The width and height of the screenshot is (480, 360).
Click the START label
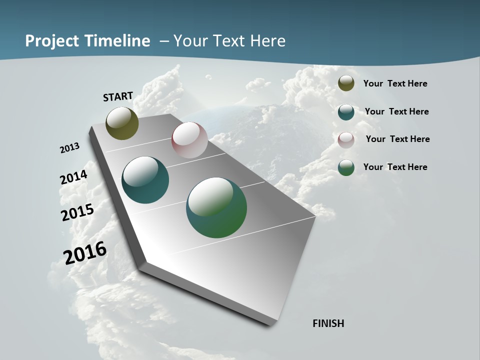click(x=118, y=96)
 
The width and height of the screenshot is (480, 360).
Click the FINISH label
click(x=328, y=323)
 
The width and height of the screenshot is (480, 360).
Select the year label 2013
click(x=70, y=148)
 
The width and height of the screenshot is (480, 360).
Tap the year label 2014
click(x=74, y=177)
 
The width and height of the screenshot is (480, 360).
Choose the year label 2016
click(x=85, y=252)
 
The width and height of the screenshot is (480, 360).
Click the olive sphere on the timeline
click(x=122, y=123)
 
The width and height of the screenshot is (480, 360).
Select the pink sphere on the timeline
click(x=189, y=140)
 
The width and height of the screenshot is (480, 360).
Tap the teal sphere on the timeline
click(x=145, y=180)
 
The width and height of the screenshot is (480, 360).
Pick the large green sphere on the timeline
click(x=216, y=207)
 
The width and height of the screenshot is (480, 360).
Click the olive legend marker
click(x=346, y=83)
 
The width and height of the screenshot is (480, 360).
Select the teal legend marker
click(x=346, y=112)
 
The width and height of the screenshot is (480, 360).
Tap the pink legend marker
click(x=346, y=139)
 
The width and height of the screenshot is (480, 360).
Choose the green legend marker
click(x=346, y=167)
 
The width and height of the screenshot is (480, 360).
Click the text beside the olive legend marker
click(x=395, y=83)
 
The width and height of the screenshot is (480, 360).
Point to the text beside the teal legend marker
click(x=396, y=111)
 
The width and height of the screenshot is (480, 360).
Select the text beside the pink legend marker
click(x=397, y=139)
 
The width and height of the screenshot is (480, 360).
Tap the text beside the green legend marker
click(x=395, y=167)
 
